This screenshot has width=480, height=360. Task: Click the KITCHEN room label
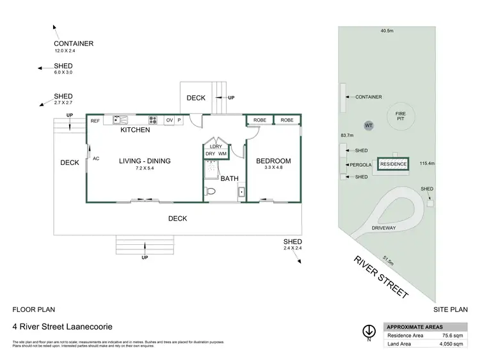coord(136,130)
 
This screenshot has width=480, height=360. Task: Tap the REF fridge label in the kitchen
coord(95,120)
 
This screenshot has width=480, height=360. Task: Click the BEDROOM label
coord(273,161)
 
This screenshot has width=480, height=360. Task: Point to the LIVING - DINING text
coord(145,161)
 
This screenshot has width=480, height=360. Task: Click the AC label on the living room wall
coord(96,159)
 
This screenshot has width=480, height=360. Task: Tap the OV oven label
coord(169,120)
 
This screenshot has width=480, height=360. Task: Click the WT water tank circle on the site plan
coord(369,125)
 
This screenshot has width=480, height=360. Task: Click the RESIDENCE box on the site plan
coord(393,164)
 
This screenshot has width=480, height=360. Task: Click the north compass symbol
coord(369,332)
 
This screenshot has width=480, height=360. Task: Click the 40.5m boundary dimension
coord(387,29)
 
